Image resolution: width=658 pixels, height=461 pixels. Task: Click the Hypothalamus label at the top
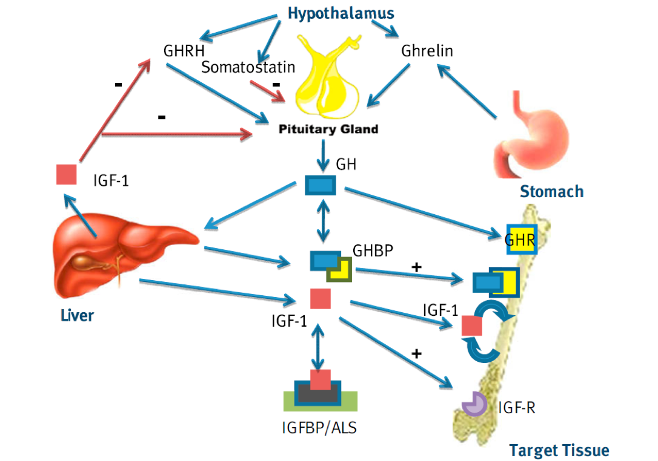pyautogui.click(x=341, y=13)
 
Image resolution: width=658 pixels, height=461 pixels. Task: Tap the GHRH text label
pyautogui.click(x=184, y=51)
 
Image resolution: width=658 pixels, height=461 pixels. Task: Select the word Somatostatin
pyautogui.click(x=248, y=67)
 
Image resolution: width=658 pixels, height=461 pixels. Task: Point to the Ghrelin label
pyautogui.click(x=427, y=51)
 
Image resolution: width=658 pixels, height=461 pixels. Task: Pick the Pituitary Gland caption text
pyautogui.click(x=328, y=129)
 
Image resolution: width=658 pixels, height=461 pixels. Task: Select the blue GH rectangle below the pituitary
pyautogui.click(x=320, y=185)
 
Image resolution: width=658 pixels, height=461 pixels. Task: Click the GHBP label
pyautogui.click(x=373, y=250)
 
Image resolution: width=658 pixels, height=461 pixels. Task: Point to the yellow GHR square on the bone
pyautogui.click(x=522, y=240)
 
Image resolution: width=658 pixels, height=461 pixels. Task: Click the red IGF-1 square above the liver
pyautogui.click(x=66, y=174)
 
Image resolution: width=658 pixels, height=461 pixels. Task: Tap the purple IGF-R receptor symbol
pyautogui.click(x=474, y=404)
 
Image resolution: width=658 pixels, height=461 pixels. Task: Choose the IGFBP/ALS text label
pyautogui.click(x=319, y=428)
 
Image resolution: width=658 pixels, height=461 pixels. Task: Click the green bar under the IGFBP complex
pyautogui.click(x=321, y=402)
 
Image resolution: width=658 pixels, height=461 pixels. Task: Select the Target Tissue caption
pyautogui.click(x=559, y=450)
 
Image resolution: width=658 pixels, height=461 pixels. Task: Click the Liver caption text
pyautogui.click(x=77, y=315)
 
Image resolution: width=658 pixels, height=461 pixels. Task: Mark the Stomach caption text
pyautogui.click(x=552, y=192)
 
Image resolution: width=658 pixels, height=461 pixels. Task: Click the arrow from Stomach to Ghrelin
pyautogui.click(x=467, y=91)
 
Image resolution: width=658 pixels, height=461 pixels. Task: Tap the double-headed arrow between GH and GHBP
pyautogui.click(x=322, y=220)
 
